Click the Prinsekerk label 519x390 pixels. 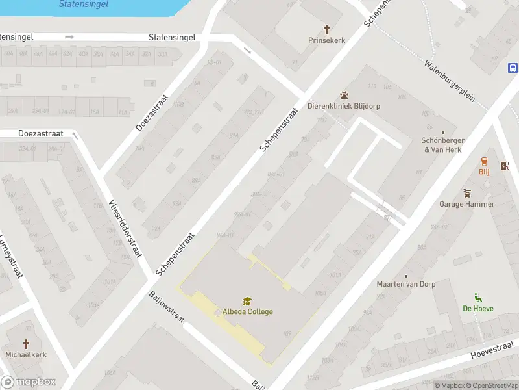[326, 40]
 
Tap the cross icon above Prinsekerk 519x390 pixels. [326, 29]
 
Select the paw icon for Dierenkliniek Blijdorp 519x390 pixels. [344, 96]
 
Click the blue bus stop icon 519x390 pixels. [513, 68]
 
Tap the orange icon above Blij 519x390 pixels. [484, 161]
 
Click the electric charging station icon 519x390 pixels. [505, 166]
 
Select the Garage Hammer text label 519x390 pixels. [467, 204]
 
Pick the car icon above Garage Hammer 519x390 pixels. [467, 193]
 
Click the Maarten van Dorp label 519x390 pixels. [406, 284]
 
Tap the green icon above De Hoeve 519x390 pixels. [478, 298]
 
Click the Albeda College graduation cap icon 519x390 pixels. [247, 301]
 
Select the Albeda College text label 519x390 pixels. [248, 311]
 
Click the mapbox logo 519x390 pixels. [29, 382]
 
